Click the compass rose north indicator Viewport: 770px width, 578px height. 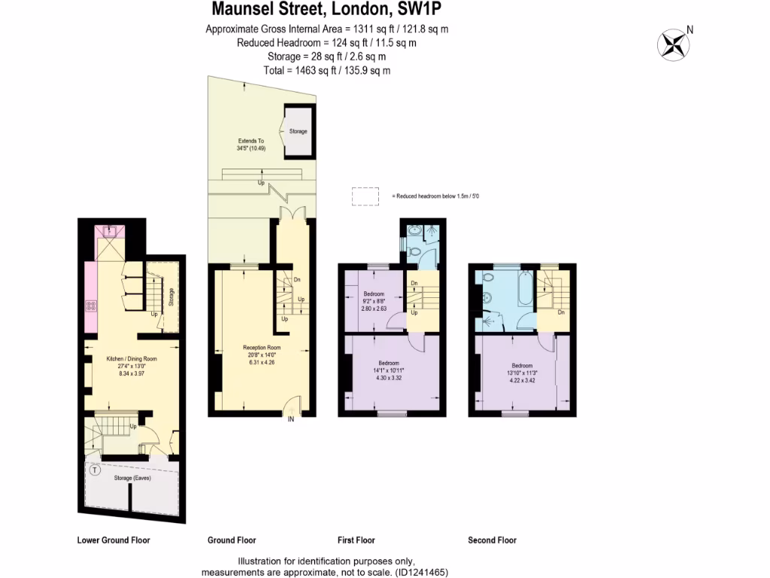pos(675,43)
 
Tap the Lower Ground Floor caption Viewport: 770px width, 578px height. pos(114,540)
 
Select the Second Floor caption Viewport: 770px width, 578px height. pos(492,540)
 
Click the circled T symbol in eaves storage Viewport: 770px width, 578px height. pos(95,471)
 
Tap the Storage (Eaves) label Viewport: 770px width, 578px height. pos(133,478)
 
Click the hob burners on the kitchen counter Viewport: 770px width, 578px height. pos(92,306)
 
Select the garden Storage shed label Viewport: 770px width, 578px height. pos(299,132)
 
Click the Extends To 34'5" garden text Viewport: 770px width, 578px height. pos(251,144)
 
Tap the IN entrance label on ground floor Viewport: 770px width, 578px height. pos(290,420)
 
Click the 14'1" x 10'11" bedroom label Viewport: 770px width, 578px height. pos(389,372)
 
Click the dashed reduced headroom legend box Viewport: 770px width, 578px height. pos(366,196)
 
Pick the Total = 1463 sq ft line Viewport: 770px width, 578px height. pos(327,70)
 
